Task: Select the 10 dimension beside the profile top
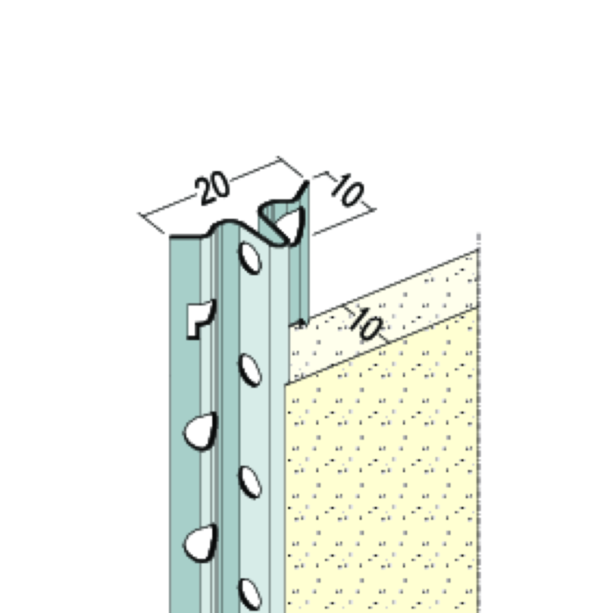coord(347,191)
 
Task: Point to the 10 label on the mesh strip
coord(367,324)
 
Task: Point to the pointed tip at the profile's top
coord(307,185)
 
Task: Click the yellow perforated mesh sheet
coord(385,473)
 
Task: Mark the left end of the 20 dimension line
coord(142,215)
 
